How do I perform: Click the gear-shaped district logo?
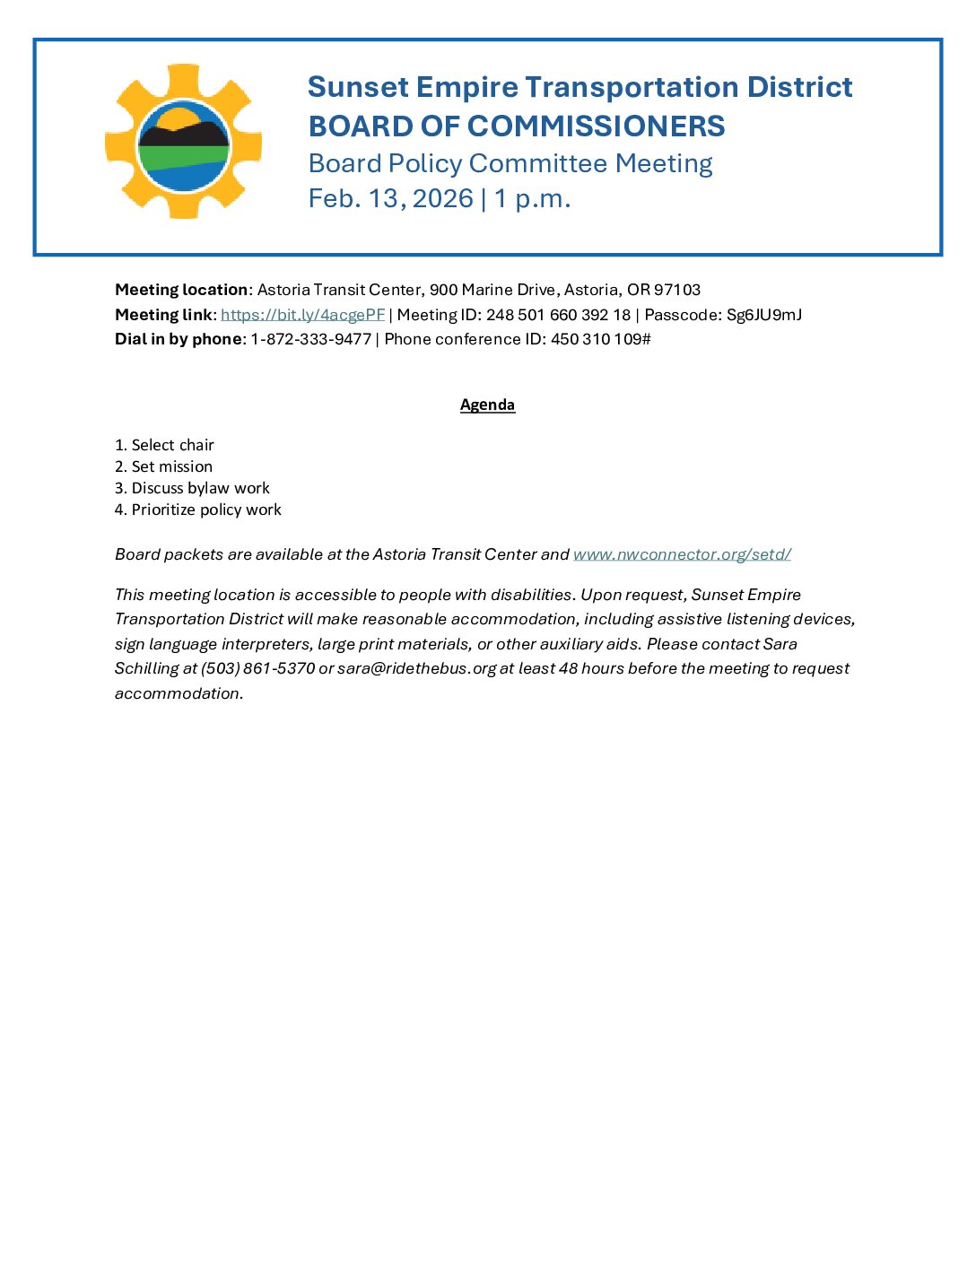click(183, 142)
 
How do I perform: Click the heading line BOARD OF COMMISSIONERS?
click(516, 126)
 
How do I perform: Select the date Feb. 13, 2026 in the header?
click(390, 198)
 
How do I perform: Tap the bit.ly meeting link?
click(302, 315)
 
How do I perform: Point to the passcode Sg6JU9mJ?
click(763, 315)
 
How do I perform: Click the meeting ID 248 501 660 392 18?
click(558, 315)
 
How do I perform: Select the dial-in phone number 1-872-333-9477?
click(310, 339)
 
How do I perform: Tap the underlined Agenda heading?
click(487, 405)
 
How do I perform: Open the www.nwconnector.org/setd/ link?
click(682, 554)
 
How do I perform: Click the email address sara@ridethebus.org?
click(416, 668)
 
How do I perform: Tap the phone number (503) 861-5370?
click(257, 668)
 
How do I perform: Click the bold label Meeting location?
click(181, 290)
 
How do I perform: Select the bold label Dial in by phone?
click(179, 339)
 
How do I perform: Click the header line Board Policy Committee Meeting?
click(510, 163)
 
